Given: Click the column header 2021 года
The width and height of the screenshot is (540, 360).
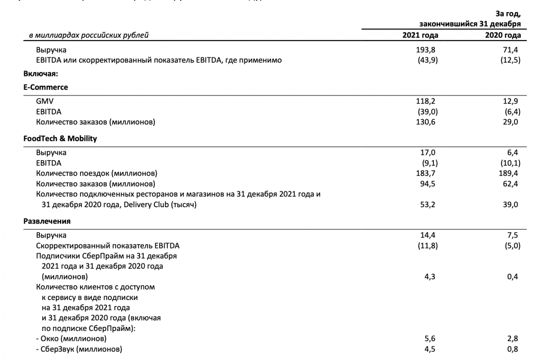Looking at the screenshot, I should point(420,35).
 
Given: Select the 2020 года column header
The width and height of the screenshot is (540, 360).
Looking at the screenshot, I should point(503,35).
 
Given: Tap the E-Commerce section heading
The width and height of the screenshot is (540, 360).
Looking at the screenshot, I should point(46,87).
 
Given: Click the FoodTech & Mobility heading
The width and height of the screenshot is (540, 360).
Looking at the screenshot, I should point(60,139).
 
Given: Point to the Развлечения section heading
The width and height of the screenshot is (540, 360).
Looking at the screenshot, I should point(47,221).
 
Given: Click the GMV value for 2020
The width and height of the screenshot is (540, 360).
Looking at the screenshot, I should point(511,102).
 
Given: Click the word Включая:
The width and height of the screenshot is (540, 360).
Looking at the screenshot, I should point(40,74).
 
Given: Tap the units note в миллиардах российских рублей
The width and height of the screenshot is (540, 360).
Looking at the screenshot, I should point(88,35).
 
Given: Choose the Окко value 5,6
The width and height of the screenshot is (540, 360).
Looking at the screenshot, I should point(430,339).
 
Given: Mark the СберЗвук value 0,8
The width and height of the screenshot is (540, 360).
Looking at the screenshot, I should point(512,349).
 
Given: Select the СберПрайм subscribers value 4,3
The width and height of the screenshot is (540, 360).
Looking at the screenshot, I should point(430,277).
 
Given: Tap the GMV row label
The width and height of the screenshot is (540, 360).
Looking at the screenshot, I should point(44,102).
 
